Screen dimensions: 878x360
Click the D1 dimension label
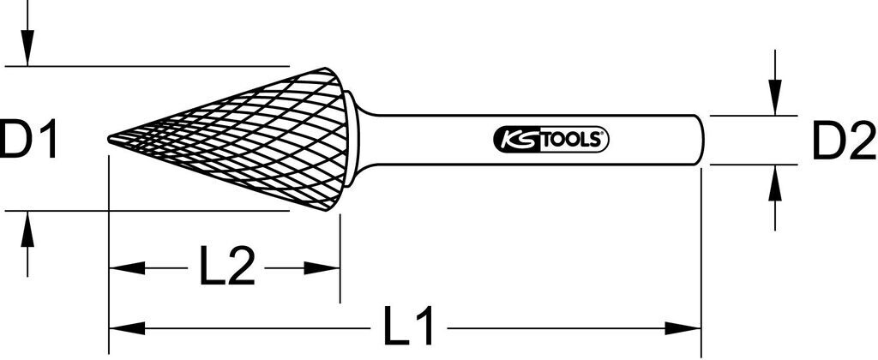click(x=29, y=140)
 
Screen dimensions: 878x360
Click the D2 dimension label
click(x=843, y=141)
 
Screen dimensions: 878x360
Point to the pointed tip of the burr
click(x=110, y=140)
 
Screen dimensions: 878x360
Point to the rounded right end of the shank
click(x=701, y=140)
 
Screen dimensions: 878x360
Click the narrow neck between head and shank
click(x=364, y=139)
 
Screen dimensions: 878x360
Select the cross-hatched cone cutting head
click(x=257, y=139)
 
